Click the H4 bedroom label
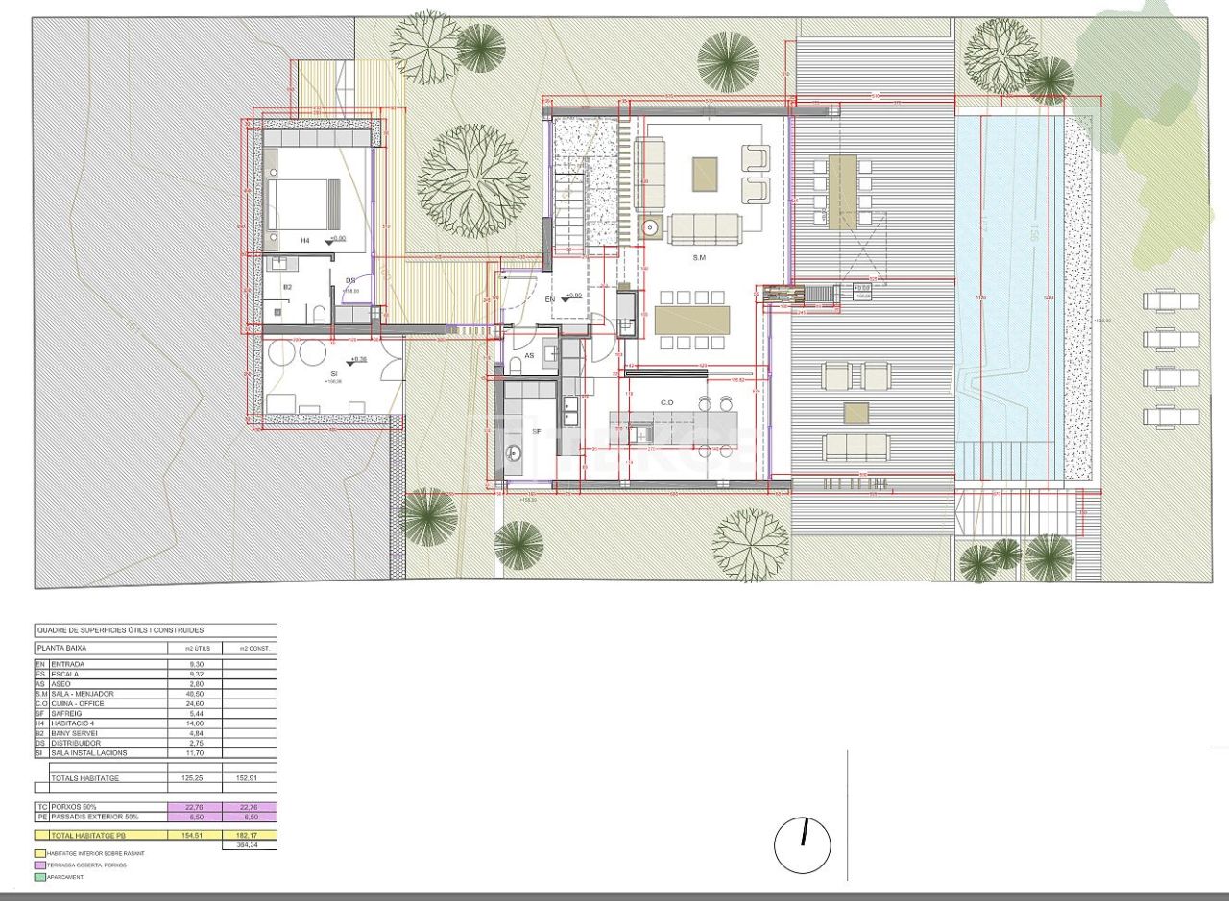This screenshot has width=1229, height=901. pyautogui.click(x=305, y=240)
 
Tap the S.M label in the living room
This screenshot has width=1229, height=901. pyautogui.click(x=700, y=259)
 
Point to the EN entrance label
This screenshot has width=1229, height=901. pyautogui.click(x=550, y=300)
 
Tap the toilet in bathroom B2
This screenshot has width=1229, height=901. pyautogui.click(x=316, y=312)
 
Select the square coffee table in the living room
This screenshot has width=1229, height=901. pyautogui.click(x=706, y=174)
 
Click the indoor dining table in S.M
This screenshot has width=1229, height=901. pyautogui.click(x=692, y=320)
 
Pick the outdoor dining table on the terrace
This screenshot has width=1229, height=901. pyautogui.click(x=843, y=192)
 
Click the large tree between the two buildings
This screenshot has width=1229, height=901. pyautogui.click(x=473, y=180)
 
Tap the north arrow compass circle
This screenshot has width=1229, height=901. pyautogui.click(x=802, y=845)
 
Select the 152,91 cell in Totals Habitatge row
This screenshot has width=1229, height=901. pyautogui.click(x=250, y=778)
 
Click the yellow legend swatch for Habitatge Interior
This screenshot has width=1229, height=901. pyautogui.click(x=39, y=853)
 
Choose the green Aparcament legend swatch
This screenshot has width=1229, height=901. pyautogui.click(x=39, y=876)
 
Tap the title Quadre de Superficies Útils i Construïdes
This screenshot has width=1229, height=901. pyautogui.click(x=120, y=630)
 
